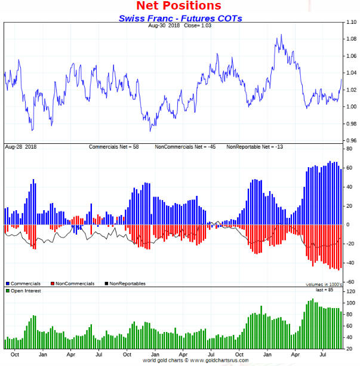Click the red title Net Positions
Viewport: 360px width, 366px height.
click(x=179, y=6)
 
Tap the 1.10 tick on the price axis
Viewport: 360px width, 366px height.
click(x=351, y=23)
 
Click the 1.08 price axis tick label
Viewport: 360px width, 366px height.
click(x=351, y=39)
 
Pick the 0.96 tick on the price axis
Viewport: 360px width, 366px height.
click(x=351, y=140)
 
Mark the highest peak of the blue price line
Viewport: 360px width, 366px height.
click(x=280, y=35)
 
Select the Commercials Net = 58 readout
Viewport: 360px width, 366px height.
click(x=113, y=146)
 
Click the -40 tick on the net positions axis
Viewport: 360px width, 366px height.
click(x=350, y=263)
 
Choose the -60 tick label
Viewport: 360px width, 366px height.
click(x=350, y=281)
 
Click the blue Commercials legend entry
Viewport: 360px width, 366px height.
click(x=24, y=284)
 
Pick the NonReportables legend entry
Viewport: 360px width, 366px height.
click(x=125, y=284)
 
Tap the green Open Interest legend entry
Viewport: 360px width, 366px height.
click(x=24, y=290)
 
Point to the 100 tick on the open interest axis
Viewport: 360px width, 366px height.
click(x=350, y=303)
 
